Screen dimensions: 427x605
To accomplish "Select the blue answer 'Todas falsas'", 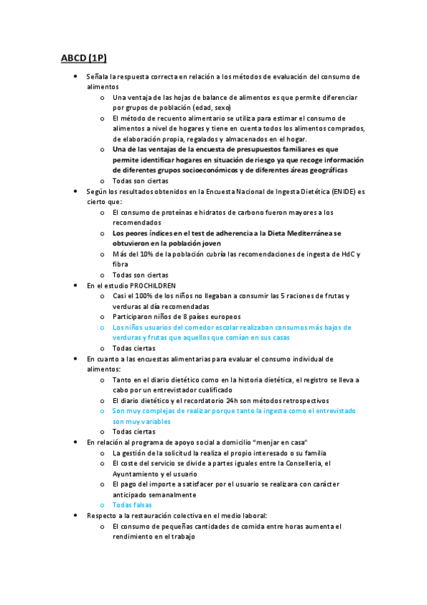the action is click(133, 504).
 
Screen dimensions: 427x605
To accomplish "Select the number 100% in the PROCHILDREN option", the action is click(139, 295).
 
